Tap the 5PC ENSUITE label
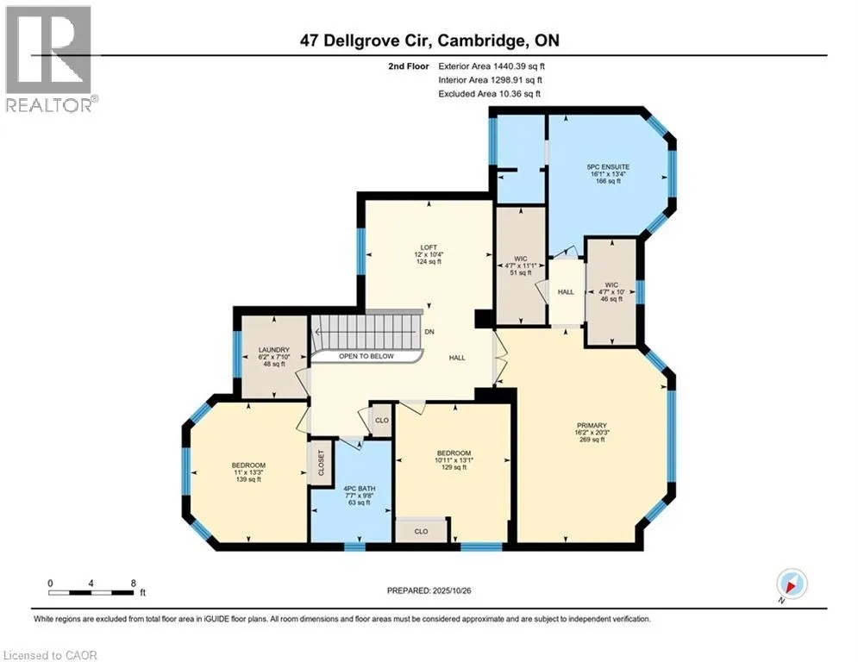point(608,166)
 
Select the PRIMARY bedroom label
point(592,425)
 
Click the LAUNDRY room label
point(272,350)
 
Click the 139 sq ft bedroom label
point(247,465)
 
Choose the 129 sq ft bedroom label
point(453,453)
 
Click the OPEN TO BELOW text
point(366,356)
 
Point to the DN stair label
point(429,333)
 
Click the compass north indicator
point(791,584)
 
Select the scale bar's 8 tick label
point(133,584)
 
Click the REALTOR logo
point(50,59)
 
